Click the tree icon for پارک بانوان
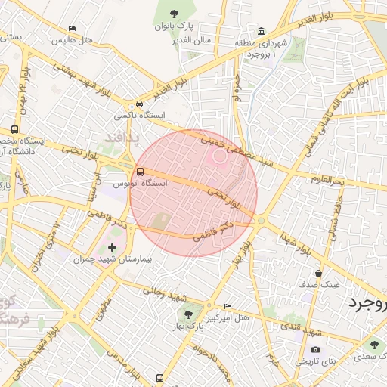[175, 13]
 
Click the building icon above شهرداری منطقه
[261, 32]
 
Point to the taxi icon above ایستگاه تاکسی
[139, 104]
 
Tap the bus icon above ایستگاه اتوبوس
[141, 171]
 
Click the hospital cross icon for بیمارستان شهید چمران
[113, 247]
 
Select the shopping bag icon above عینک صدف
[319, 273]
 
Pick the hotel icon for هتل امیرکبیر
[228, 307]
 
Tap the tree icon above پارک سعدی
[373, 344]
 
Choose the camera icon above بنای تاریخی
[315, 350]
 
